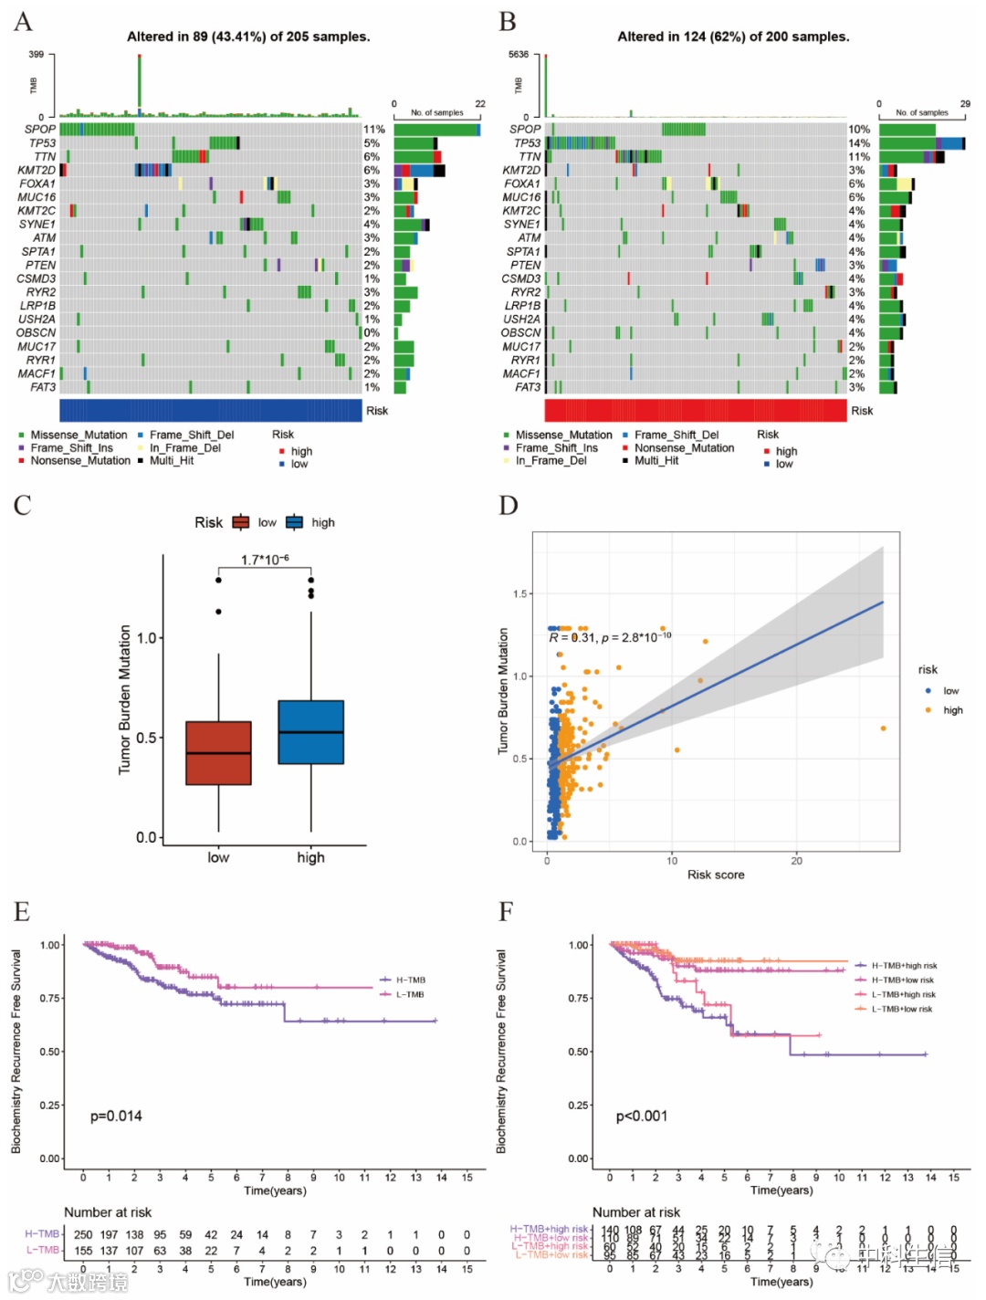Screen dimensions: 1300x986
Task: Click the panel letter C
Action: pyautogui.click(x=23, y=505)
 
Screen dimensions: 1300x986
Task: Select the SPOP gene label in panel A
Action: pyautogui.click(x=40, y=130)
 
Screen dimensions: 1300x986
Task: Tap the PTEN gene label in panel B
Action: pyautogui.click(x=525, y=265)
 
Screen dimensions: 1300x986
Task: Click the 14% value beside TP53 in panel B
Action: pyautogui.click(x=859, y=143)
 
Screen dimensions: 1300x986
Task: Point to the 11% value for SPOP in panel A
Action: pyautogui.click(x=374, y=130)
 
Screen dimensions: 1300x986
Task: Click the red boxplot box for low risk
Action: pyautogui.click(x=218, y=753)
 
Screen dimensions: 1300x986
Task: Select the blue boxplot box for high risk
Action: pyautogui.click(x=310, y=732)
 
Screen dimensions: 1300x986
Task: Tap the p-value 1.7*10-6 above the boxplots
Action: pyautogui.click(x=265, y=560)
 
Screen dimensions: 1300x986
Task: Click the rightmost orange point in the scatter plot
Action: pyautogui.click(x=883, y=729)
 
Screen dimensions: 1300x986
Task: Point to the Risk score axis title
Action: pyautogui.click(x=716, y=875)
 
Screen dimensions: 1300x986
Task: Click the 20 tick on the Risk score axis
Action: pyautogui.click(x=796, y=860)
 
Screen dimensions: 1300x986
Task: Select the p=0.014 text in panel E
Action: pyautogui.click(x=116, y=1116)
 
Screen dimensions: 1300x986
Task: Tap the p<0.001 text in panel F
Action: pyautogui.click(x=642, y=1116)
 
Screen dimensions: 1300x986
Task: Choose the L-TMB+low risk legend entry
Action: pyautogui.click(x=901, y=1009)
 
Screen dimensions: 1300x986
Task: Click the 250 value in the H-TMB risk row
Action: pyautogui.click(x=83, y=1234)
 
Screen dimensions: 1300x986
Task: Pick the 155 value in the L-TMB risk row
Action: pyautogui.click(x=83, y=1251)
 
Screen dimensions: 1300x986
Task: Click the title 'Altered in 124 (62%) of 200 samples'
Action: pyautogui.click(x=733, y=37)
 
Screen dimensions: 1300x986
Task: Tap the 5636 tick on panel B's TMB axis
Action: pyautogui.click(x=518, y=55)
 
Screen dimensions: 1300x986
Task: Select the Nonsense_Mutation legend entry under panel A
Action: pyautogui.click(x=80, y=461)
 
